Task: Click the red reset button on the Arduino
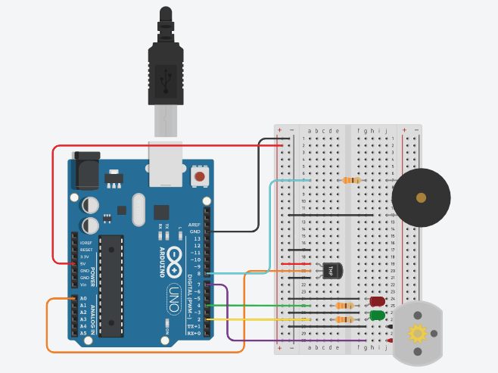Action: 201,177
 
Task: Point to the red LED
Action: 376,301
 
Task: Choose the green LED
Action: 377,315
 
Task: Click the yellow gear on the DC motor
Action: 417,332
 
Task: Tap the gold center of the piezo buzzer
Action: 421,197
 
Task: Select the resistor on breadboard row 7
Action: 350,180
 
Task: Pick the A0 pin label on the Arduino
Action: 83,299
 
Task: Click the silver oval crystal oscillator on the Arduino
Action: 138,210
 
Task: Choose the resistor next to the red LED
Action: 345,306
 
